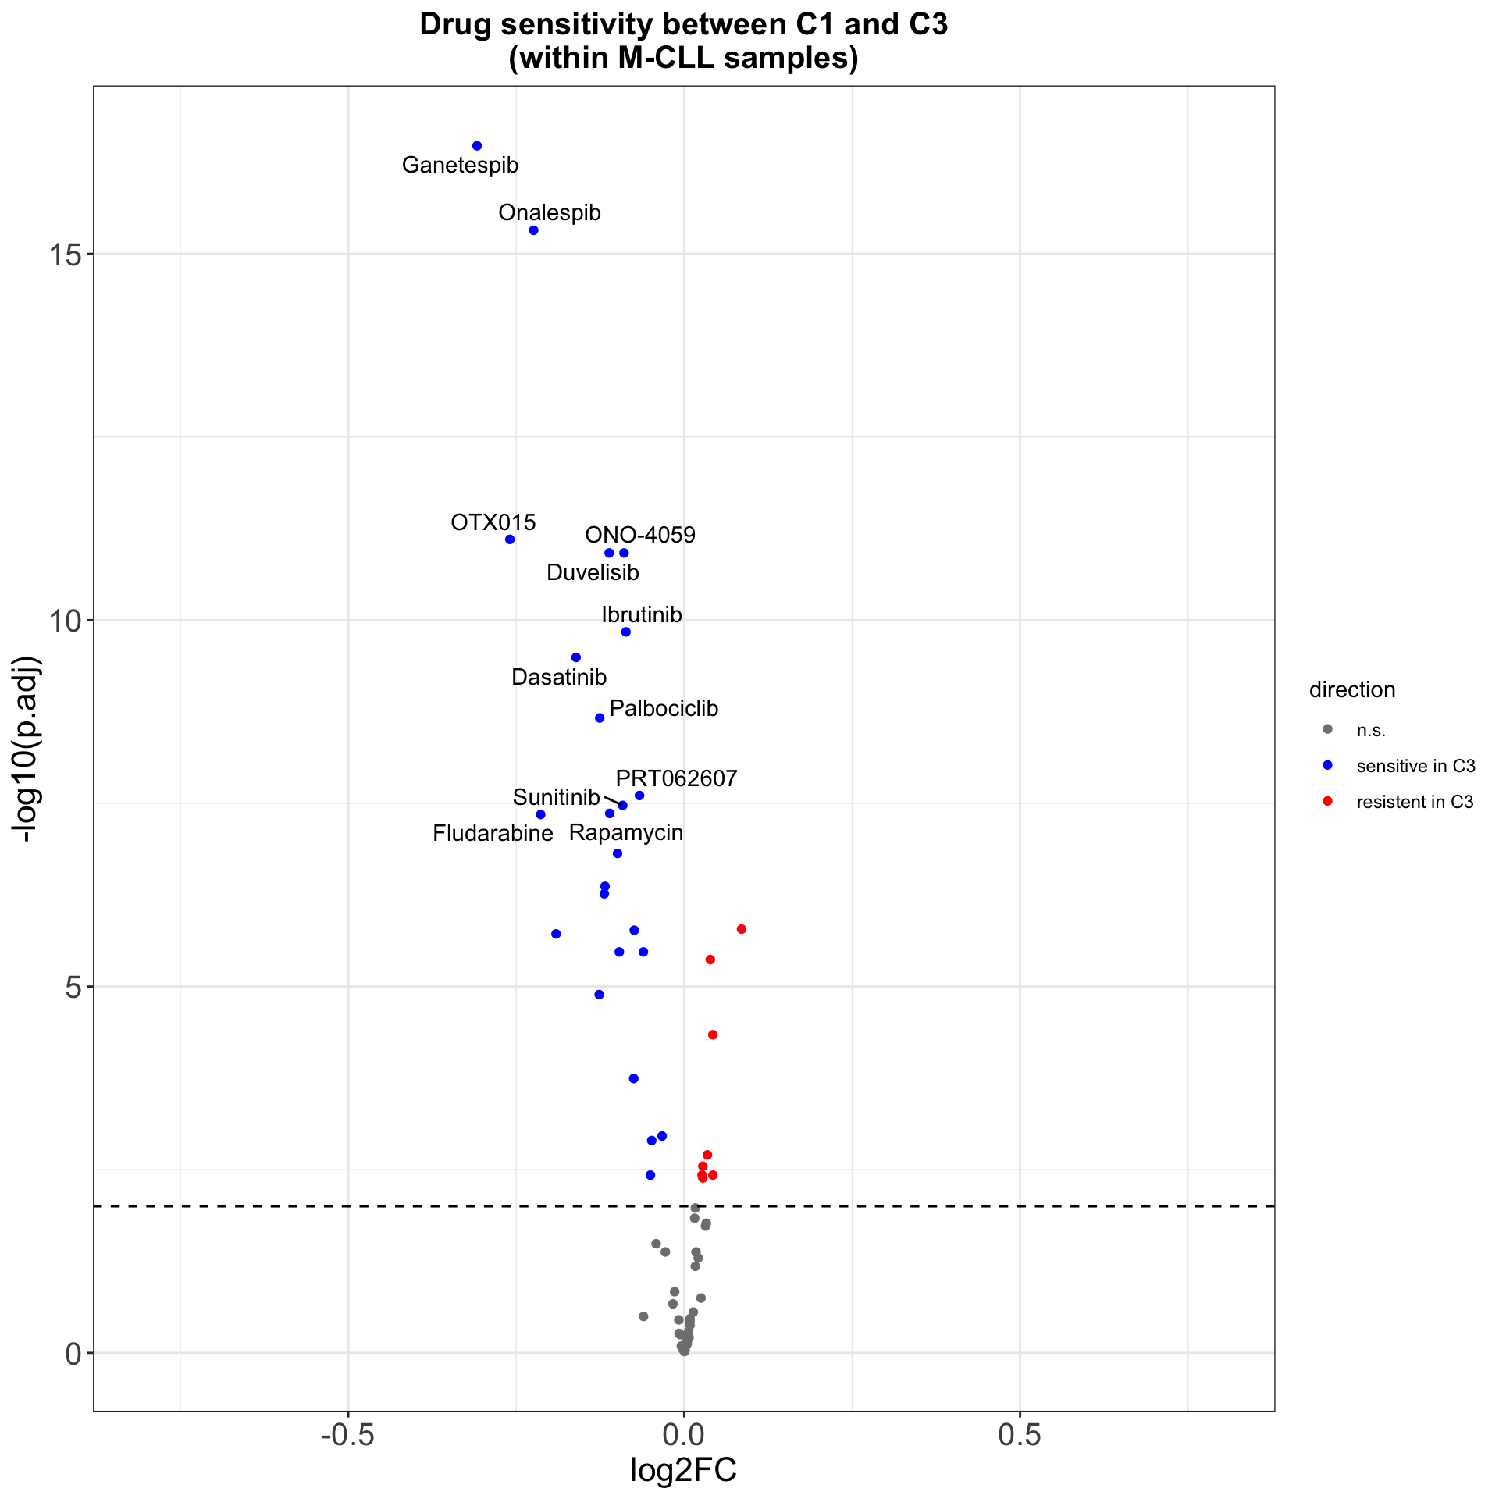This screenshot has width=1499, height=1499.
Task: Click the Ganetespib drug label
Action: tap(460, 166)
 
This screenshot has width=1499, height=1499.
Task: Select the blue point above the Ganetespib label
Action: tap(477, 146)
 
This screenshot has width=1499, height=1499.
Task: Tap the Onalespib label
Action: tap(550, 213)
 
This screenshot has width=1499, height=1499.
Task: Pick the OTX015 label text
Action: tap(493, 522)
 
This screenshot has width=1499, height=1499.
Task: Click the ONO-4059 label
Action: tap(640, 536)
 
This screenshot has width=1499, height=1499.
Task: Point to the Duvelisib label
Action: tap(593, 573)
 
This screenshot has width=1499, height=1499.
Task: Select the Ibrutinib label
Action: tap(642, 615)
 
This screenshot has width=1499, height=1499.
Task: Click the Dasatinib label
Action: tap(559, 678)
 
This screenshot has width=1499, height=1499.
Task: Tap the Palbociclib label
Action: tap(664, 709)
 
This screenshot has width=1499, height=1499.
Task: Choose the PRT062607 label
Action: tap(676, 779)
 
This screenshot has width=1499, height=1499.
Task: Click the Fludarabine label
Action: tap(493, 834)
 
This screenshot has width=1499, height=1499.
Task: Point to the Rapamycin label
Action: tap(625, 833)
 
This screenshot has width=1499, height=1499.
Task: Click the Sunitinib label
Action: tap(556, 798)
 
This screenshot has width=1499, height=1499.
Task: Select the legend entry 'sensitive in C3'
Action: tap(1415, 766)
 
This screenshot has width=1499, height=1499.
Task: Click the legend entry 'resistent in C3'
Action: tap(1415, 802)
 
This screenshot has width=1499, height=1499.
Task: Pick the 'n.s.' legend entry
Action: tap(1371, 731)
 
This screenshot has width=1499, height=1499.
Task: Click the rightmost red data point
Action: tap(742, 929)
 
